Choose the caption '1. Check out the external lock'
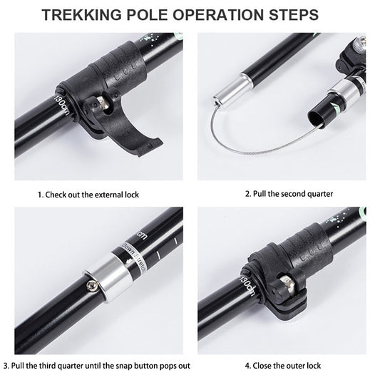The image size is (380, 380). click(x=88, y=193)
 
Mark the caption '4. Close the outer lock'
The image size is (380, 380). click(x=283, y=366)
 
